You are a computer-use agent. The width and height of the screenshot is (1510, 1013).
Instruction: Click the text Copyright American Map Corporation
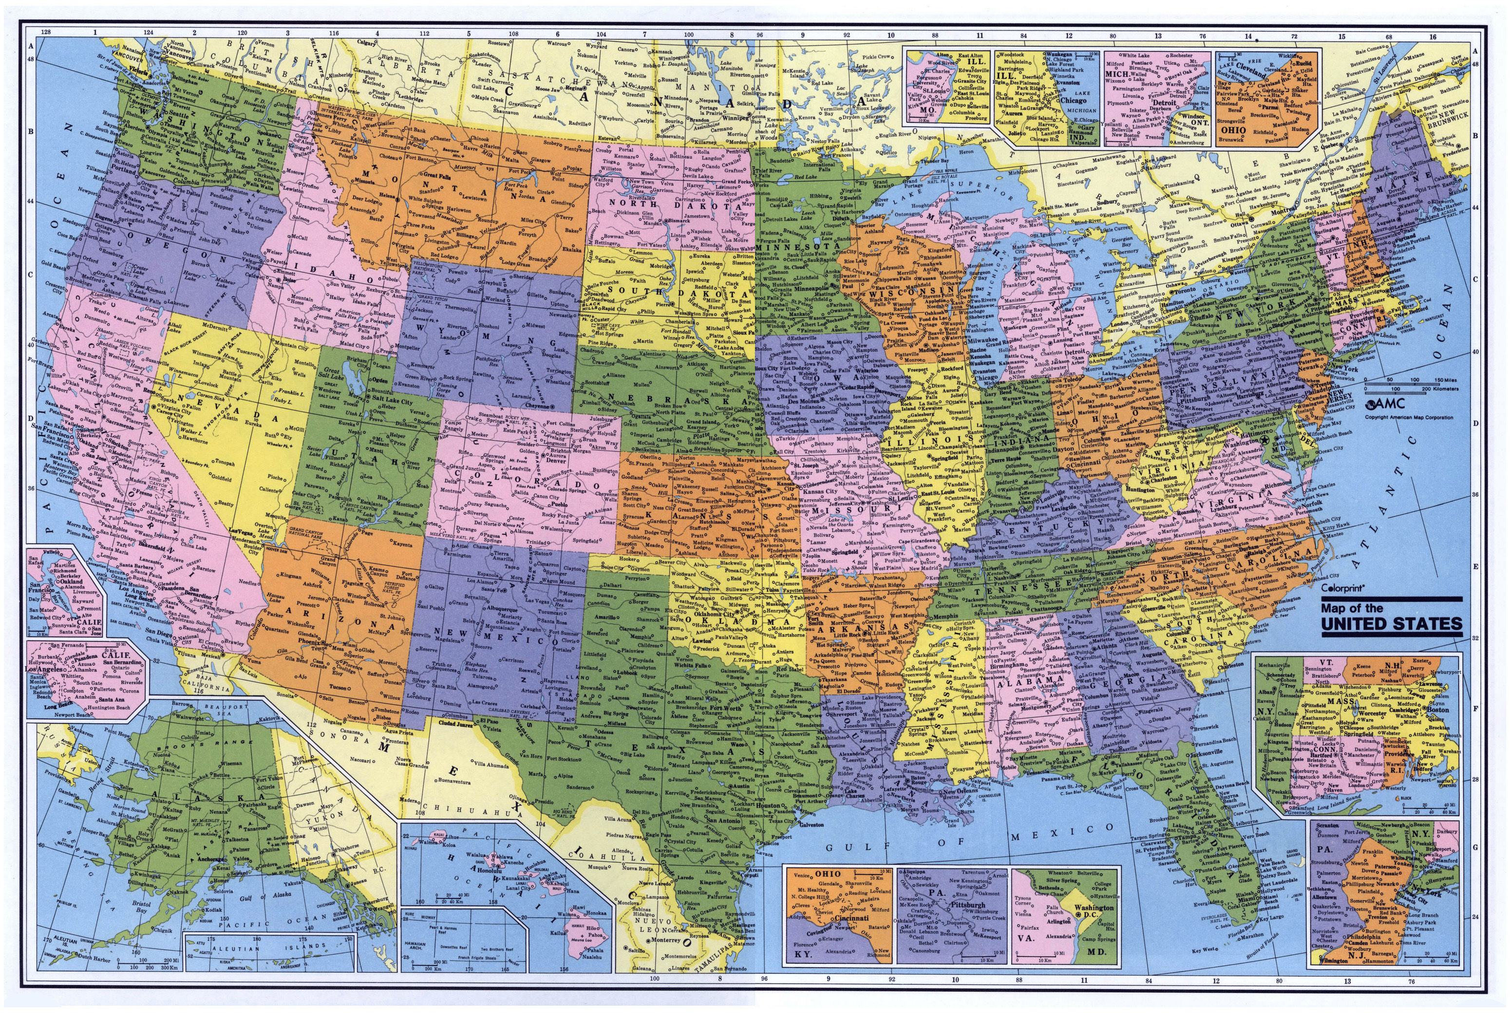1409,417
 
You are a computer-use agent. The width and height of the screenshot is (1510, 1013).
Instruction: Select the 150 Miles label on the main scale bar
1447,380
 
